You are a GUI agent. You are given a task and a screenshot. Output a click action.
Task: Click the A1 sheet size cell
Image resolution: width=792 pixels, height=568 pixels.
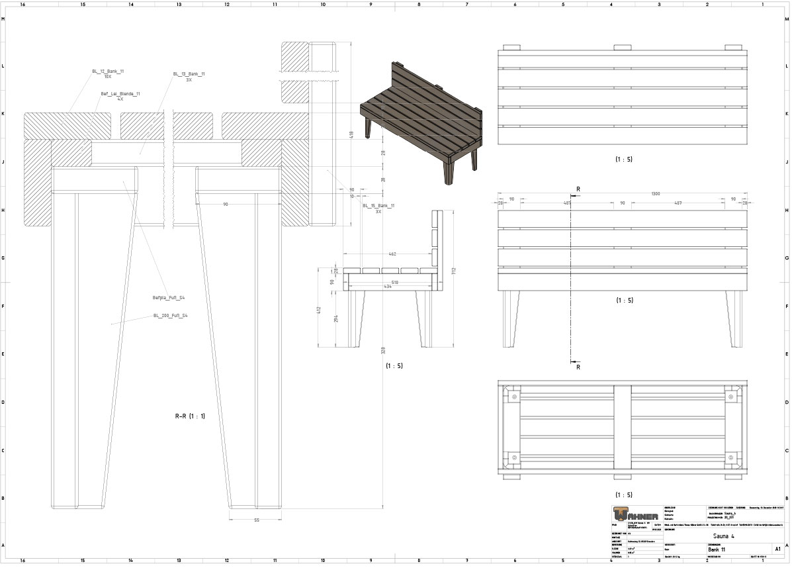coord(777,549)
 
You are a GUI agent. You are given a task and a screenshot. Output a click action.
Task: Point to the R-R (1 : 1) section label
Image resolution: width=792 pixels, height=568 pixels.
coord(190,416)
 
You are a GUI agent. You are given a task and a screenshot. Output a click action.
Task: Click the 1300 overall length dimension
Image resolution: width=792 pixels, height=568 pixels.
coord(655,194)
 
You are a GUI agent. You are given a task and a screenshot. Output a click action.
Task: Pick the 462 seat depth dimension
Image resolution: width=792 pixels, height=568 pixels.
coord(392,254)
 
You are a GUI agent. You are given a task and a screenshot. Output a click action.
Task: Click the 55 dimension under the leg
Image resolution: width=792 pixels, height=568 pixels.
coord(257,520)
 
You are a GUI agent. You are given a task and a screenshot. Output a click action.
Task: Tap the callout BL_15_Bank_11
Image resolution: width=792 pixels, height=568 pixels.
coord(378,206)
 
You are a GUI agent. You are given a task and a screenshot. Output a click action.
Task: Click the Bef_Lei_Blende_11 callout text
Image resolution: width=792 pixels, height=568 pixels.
coord(120,94)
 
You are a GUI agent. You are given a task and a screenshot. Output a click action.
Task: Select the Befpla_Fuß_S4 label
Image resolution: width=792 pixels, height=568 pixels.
coord(169,298)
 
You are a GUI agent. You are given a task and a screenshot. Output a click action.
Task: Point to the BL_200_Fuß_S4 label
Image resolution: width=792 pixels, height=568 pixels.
coord(171,316)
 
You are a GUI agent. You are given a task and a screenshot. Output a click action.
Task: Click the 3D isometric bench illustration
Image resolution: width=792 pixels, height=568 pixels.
coord(421,119)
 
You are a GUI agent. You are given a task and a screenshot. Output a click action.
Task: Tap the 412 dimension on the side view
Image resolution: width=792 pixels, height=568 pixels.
coord(318,309)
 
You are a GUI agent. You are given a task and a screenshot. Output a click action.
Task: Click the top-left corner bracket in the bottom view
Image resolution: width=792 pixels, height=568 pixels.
coord(513,397)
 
